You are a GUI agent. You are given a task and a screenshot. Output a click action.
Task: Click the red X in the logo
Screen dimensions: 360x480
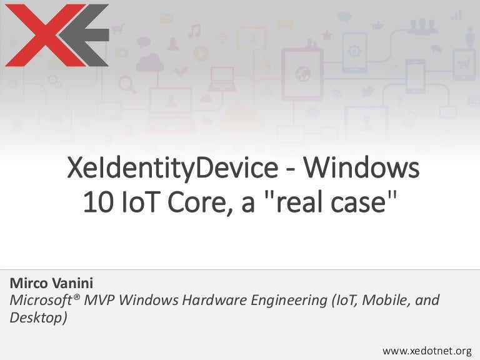click(x=31, y=36)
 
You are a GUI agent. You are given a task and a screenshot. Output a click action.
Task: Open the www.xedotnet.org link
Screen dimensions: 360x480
click(x=427, y=351)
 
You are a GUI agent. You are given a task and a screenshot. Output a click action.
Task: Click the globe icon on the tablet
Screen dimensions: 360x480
click(x=303, y=74)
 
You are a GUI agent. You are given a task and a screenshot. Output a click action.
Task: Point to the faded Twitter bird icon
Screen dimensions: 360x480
click(x=367, y=92)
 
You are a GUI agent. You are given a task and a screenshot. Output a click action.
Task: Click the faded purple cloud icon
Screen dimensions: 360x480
click(x=150, y=62)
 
